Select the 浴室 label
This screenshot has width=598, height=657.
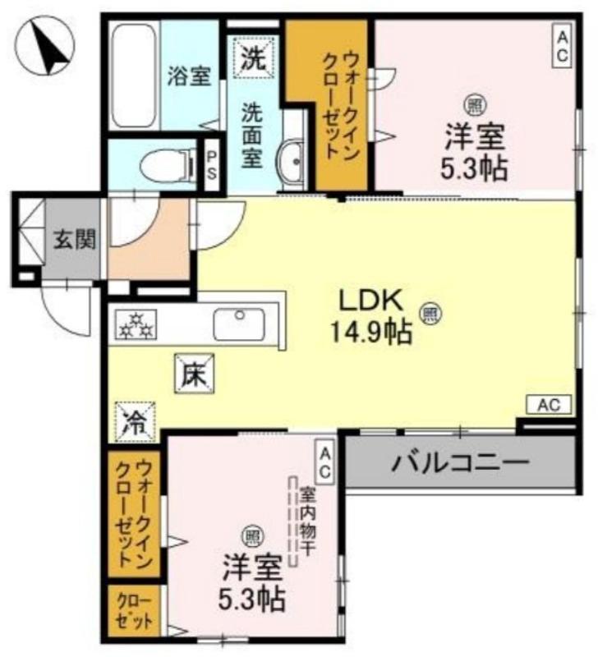[189, 76]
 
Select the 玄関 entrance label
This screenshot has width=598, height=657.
[75, 239]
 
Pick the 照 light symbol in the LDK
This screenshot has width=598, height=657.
[430, 312]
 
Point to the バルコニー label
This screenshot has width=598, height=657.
[460, 464]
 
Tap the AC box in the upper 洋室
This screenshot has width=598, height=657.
[562, 45]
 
